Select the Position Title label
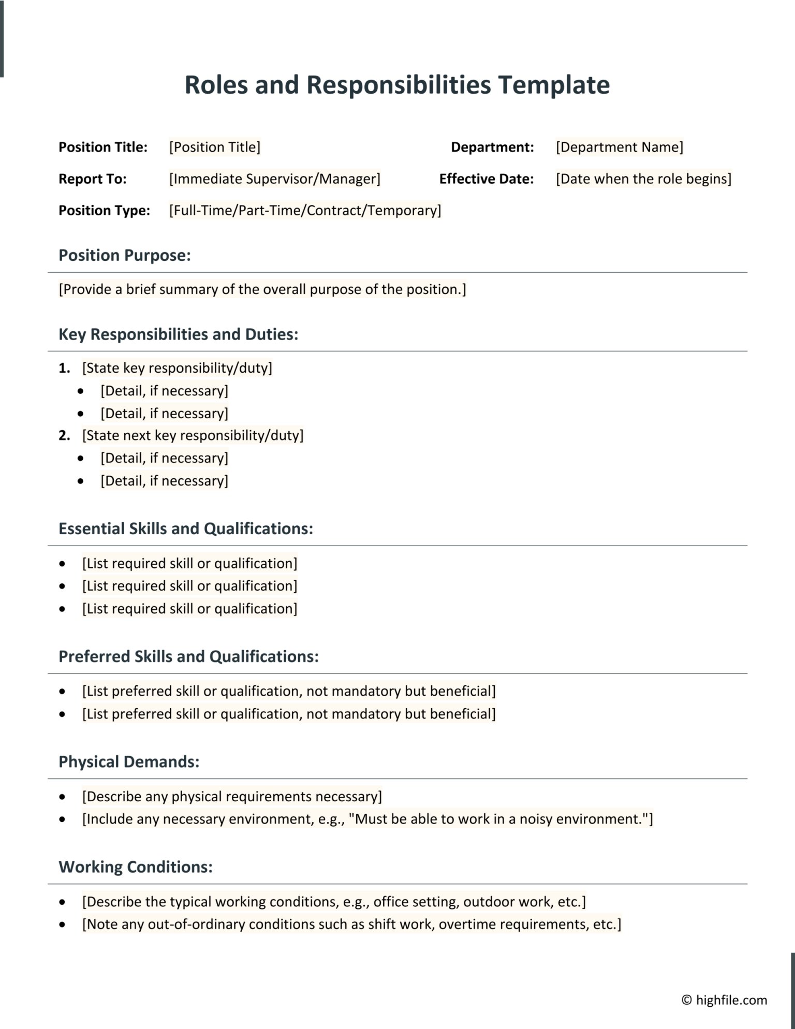coord(103,147)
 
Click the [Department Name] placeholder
coord(619,147)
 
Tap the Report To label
coord(93,179)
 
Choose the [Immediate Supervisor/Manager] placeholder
coord(274,179)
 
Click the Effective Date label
coord(486,179)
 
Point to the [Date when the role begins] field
coord(643,179)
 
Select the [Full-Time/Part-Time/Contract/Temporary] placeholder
coord(305,210)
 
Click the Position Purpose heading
coord(124,255)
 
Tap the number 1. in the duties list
coord(64,368)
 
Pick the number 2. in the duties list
coord(64,435)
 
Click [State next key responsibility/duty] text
coord(193,435)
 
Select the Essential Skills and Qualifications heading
coord(186,528)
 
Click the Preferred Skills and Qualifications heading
coord(188,656)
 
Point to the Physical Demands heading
coord(129,761)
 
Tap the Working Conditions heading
coord(136,867)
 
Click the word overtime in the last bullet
coord(463,924)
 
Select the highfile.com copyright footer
coord(724,1000)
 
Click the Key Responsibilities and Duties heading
coord(178,334)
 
